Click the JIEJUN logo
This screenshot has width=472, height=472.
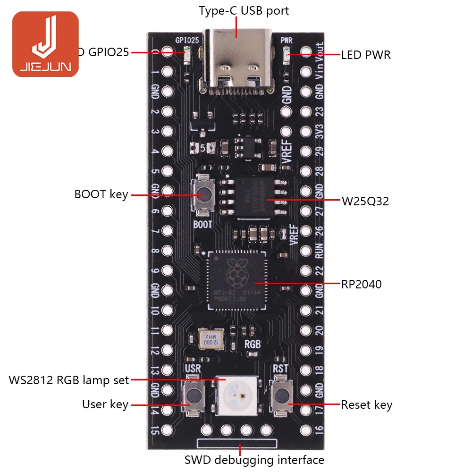click(45, 44)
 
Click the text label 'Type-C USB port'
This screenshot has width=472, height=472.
click(244, 10)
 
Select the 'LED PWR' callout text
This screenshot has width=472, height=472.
click(366, 55)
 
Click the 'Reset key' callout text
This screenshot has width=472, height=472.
click(366, 405)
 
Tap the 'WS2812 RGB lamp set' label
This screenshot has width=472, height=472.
click(69, 379)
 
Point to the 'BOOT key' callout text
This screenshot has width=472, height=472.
click(101, 194)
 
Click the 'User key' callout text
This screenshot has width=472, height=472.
click(105, 405)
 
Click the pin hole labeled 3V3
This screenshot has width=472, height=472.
click(305, 132)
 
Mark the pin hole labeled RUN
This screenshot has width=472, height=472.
click(305, 251)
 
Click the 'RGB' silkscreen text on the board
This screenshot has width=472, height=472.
click(252, 344)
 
